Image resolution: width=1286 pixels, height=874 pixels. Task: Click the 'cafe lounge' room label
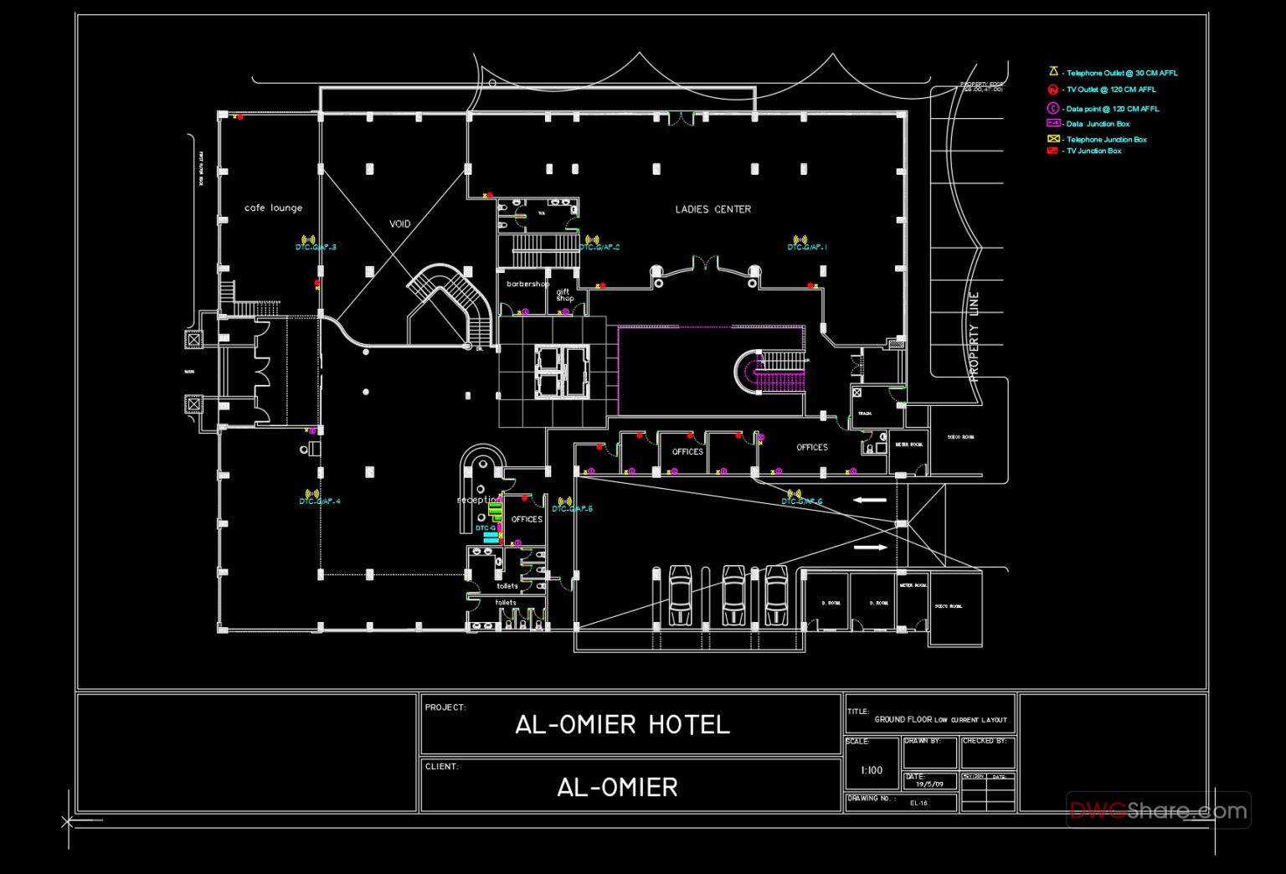pyautogui.click(x=273, y=208)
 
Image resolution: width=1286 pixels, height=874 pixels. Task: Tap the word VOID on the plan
pyautogui.click(x=400, y=224)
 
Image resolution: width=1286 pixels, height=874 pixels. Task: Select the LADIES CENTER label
pyautogui.click(x=713, y=209)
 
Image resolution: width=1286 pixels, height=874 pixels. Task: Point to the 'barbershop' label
pyautogui.click(x=527, y=284)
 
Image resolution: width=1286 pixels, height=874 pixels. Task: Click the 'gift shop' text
pyautogui.click(x=564, y=295)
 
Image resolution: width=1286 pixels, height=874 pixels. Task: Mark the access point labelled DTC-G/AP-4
pyautogui.click(x=311, y=494)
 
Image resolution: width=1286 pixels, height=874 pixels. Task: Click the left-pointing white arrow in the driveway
pyautogui.click(x=870, y=500)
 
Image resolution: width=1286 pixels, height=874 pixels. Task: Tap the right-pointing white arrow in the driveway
pyautogui.click(x=870, y=548)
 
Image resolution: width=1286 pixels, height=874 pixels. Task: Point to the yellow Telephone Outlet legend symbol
pyautogui.click(x=1053, y=72)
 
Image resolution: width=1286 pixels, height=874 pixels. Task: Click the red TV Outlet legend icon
pyautogui.click(x=1052, y=90)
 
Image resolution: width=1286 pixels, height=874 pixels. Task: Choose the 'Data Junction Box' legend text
pyautogui.click(x=1098, y=124)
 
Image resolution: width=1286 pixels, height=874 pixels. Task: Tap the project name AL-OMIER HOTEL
pyautogui.click(x=622, y=725)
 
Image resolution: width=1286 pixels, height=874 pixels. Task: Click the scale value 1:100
pyautogui.click(x=872, y=770)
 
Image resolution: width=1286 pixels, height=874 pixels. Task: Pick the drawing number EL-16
pyautogui.click(x=918, y=803)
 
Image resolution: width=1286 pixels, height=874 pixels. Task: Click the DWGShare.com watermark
pyautogui.click(x=1158, y=810)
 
